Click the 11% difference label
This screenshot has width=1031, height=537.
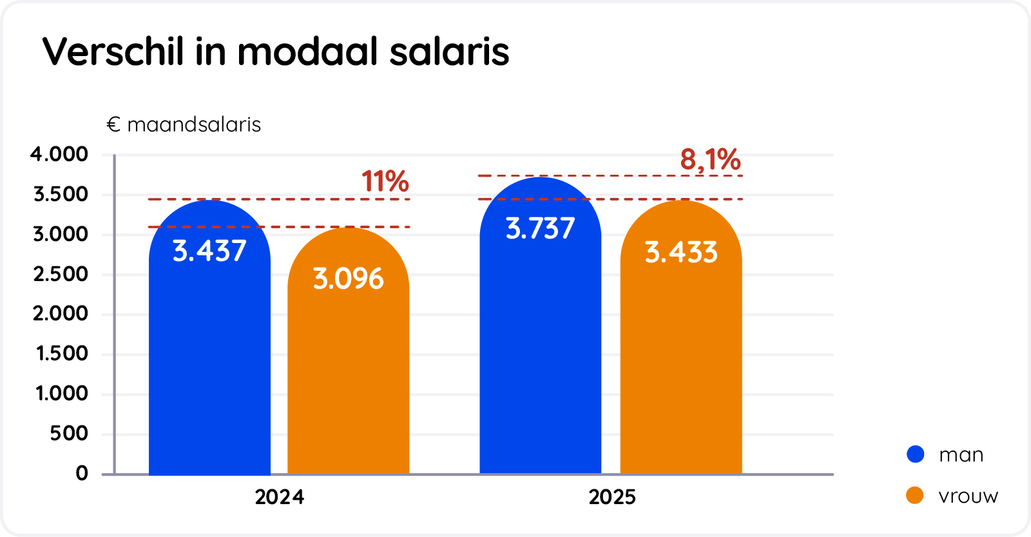(x=385, y=182)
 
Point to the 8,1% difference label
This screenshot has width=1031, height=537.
(x=710, y=159)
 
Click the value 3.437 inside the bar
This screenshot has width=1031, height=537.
(x=209, y=251)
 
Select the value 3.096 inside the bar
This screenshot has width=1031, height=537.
(x=348, y=278)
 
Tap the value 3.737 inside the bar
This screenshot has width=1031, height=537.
(x=540, y=228)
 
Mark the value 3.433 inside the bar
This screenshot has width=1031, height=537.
(x=681, y=252)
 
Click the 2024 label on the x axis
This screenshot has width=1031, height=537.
(x=279, y=497)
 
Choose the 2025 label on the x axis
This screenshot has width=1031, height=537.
(x=612, y=497)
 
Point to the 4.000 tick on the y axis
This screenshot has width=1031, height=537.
(x=59, y=154)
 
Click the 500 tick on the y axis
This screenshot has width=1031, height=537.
(x=69, y=433)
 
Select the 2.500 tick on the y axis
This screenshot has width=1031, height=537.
(x=61, y=274)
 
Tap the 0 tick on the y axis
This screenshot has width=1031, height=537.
(x=82, y=473)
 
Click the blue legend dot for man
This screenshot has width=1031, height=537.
(x=915, y=454)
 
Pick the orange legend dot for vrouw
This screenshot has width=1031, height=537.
(x=915, y=495)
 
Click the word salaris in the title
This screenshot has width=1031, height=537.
(x=449, y=52)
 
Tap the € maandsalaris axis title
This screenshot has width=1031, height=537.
(x=184, y=124)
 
